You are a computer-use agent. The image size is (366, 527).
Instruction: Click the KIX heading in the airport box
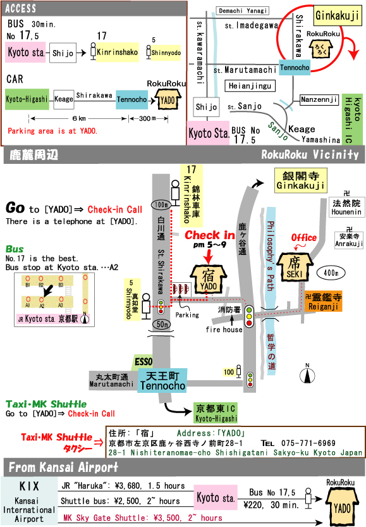point(30,487)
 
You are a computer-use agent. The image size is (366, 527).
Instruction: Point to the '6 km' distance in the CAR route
point(78,118)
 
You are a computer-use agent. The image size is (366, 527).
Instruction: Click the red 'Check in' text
point(210,235)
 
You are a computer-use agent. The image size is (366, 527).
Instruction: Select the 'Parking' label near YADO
point(187,314)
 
